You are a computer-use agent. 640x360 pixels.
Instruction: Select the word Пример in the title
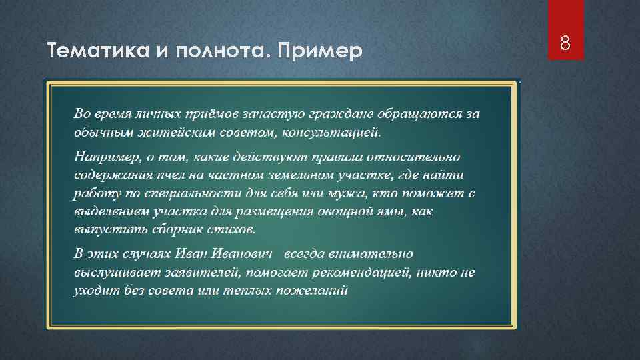(x=323, y=51)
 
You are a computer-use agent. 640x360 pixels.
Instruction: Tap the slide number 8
(x=565, y=44)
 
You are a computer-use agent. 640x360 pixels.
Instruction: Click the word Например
(x=105, y=157)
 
